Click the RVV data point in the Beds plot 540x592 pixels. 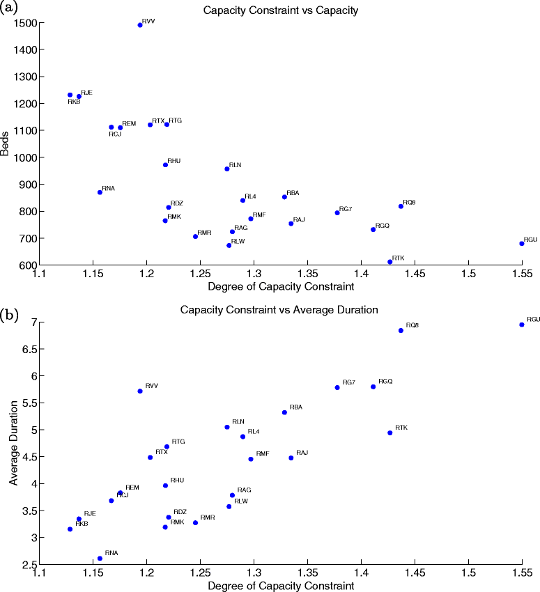point(140,24)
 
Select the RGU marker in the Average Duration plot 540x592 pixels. point(521,325)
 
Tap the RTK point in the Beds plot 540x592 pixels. point(389,262)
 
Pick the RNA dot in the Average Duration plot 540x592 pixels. point(100,559)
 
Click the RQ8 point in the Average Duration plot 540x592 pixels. point(401,330)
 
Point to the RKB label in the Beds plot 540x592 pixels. point(74,102)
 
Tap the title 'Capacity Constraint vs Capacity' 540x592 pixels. point(280,10)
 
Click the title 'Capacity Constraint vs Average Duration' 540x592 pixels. point(280,309)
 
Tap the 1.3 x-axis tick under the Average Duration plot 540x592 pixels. point(254,575)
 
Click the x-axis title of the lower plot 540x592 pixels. point(280,586)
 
